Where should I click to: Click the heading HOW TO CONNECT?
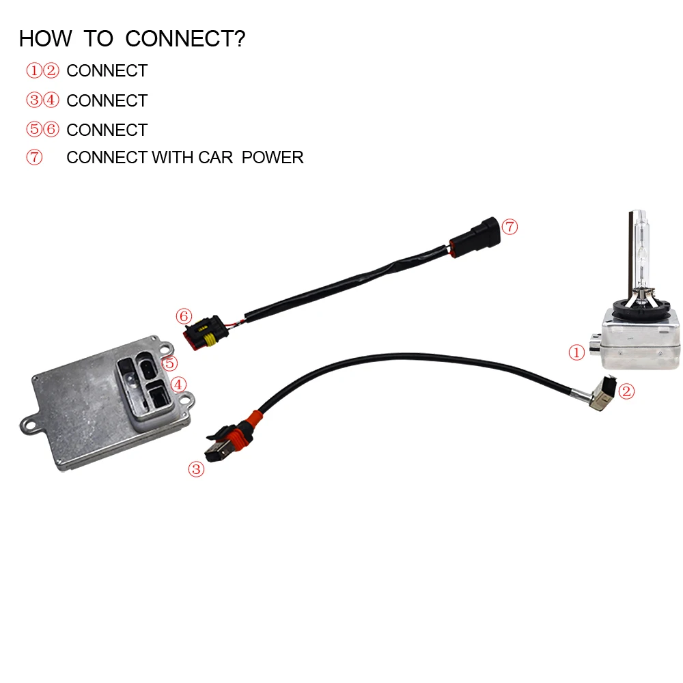click(x=132, y=39)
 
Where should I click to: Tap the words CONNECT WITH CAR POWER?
click(x=184, y=158)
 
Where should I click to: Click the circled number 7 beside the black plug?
click(x=510, y=227)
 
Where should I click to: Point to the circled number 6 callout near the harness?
click(x=183, y=316)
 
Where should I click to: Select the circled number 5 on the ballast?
click(x=169, y=363)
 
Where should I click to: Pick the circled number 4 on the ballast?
click(x=179, y=385)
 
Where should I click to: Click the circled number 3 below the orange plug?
click(x=196, y=469)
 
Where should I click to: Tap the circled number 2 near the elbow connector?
click(x=626, y=391)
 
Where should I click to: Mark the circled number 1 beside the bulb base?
click(x=577, y=352)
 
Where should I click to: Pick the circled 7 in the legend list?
click(x=34, y=158)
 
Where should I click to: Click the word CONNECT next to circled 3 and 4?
click(x=107, y=101)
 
